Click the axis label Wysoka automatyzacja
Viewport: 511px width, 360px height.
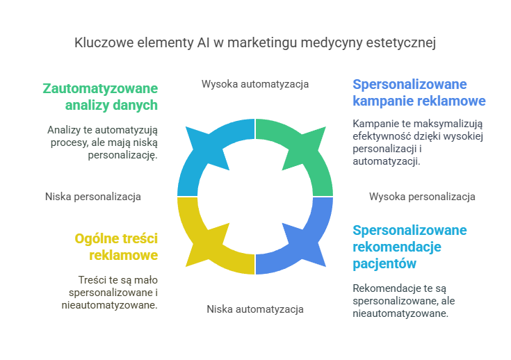[x=255, y=84]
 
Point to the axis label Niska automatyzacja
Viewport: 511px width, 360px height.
[x=255, y=309]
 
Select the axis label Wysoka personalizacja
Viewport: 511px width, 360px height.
[x=422, y=197]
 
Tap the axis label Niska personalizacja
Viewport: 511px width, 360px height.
[x=93, y=197]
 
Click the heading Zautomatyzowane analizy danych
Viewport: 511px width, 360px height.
[x=100, y=97]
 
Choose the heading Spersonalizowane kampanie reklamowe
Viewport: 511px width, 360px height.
[x=419, y=92]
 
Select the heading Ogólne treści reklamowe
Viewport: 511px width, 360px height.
[x=116, y=247]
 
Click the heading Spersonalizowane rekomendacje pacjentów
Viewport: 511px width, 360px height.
[x=409, y=247]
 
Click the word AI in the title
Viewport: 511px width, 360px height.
[x=202, y=43]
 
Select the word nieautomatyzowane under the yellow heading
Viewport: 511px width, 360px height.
[x=109, y=304]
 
